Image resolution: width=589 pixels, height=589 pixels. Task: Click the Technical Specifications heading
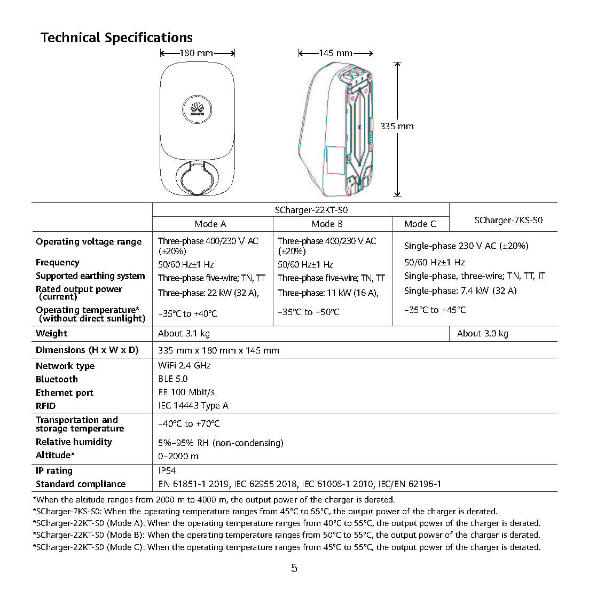pyautogui.click(x=116, y=38)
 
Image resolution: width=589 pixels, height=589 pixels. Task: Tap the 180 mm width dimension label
pyautogui.click(x=197, y=53)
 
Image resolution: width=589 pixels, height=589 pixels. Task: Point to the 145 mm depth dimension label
pyautogui.click(x=335, y=53)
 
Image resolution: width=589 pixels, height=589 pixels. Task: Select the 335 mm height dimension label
pyautogui.click(x=397, y=126)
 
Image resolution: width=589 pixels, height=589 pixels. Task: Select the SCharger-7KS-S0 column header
pyautogui.click(x=508, y=220)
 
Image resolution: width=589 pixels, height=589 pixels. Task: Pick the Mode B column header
pyautogui.click(x=327, y=224)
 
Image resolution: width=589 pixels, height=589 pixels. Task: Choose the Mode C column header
pyautogui.click(x=420, y=224)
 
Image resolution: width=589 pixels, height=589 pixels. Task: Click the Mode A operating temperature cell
pyautogui.click(x=187, y=313)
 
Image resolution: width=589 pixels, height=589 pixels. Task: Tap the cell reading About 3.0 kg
pyautogui.click(x=482, y=333)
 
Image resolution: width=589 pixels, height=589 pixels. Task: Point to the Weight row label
pyautogui.click(x=51, y=333)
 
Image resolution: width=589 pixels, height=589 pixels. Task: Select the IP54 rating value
pyautogui.click(x=167, y=470)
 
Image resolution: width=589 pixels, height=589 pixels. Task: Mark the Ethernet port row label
pyautogui.click(x=64, y=392)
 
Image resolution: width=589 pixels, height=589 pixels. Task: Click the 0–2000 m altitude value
pyautogui.click(x=178, y=456)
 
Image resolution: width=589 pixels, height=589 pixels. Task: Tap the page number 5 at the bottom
pyautogui.click(x=294, y=568)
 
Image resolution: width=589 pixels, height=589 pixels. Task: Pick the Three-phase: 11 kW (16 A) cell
pyautogui.click(x=328, y=293)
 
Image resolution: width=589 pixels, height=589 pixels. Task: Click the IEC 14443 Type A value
pyautogui.click(x=193, y=405)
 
